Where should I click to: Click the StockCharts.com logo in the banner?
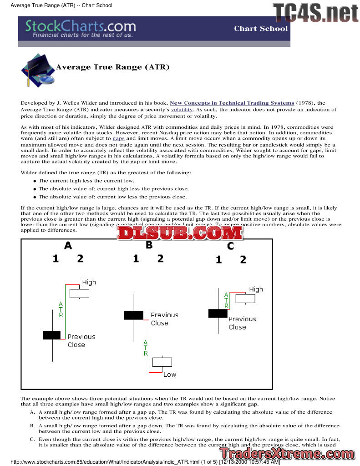pyautogui.click(x=81, y=29)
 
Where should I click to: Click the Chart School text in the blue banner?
pyautogui.click(x=261, y=29)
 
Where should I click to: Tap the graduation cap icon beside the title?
pyautogui.click(x=37, y=71)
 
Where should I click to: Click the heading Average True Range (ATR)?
pyautogui.click(x=112, y=67)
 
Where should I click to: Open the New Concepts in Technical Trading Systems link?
pyautogui.click(x=232, y=103)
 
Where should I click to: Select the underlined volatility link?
pyautogui.click(x=182, y=110)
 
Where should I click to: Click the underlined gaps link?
pyautogui.click(x=118, y=138)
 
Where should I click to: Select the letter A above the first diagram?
pyautogui.click(x=68, y=246)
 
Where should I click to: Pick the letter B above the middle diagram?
pyautogui.click(x=149, y=245)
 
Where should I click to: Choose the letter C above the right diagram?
pyautogui.click(x=230, y=246)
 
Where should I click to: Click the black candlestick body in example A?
pyautogui.click(x=51, y=335)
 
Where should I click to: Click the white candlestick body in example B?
pyautogui.click(x=162, y=362)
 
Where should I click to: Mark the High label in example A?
pyautogui.click(x=89, y=282)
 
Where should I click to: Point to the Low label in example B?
pyautogui.click(x=170, y=375)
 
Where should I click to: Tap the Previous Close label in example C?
pyautogui.click(x=242, y=323)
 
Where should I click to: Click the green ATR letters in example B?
pyautogui.click(x=146, y=348)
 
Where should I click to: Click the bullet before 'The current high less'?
pyautogui.click(x=35, y=181)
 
